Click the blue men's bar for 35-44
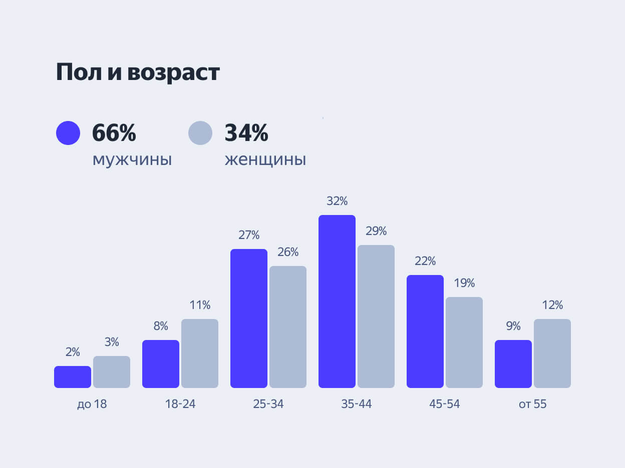click(x=337, y=301)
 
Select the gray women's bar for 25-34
click(x=288, y=327)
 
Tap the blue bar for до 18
click(x=73, y=377)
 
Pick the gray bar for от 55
click(x=552, y=353)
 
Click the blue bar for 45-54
click(x=425, y=331)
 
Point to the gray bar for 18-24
click(x=200, y=353)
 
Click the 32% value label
click(x=337, y=201)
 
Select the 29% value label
click(x=376, y=231)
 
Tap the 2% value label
click(x=73, y=352)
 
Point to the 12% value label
click(x=552, y=305)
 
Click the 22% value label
click(x=425, y=261)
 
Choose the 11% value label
click(x=200, y=305)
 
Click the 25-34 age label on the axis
click(x=268, y=404)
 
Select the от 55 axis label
click(x=533, y=404)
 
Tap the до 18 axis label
click(x=92, y=404)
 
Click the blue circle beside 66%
click(x=68, y=133)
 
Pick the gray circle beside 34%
click(x=200, y=133)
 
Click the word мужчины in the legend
click(x=132, y=160)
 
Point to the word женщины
click(x=265, y=160)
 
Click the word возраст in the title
click(x=173, y=72)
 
